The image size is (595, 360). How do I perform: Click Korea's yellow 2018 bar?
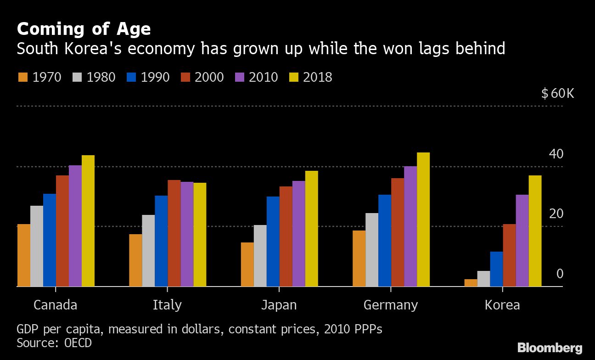[x=535, y=231]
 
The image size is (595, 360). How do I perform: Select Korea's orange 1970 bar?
[x=471, y=283]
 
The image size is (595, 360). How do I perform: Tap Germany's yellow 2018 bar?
[x=423, y=219]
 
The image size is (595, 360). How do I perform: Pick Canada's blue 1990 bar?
[x=50, y=240]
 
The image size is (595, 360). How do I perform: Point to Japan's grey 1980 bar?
[x=260, y=256]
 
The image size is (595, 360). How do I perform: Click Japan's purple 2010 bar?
[x=298, y=234]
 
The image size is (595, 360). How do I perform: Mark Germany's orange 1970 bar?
[x=359, y=259]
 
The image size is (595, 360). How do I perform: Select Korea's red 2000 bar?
[x=509, y=255]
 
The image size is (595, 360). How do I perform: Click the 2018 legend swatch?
[x=293, y=77]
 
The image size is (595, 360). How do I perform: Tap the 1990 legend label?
[x=155, y=77]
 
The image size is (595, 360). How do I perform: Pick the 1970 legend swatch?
[x=23, y=77]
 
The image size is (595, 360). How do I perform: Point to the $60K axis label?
[x=557, y=94]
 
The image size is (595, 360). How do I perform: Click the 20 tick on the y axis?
[x=556, y=214]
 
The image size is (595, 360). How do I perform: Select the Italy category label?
[x=167, y=305]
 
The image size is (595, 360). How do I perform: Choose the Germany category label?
[x=391, y=305]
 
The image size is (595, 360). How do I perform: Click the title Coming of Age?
[x=84, y=29]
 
